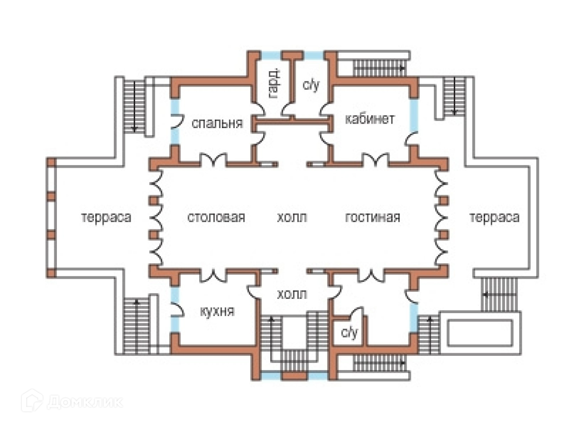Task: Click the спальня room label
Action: point(217,123)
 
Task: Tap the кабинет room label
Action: point(369,119)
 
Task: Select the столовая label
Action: point(216,217)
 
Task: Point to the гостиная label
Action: point(373,217)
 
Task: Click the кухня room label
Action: point(217,311)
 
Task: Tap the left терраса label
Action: point(106,217)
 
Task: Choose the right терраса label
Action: point(494,217)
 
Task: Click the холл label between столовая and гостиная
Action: point(292,217)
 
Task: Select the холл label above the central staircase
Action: point(292,294)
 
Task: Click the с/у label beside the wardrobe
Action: point(311,85)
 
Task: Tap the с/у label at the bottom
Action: point(349,332)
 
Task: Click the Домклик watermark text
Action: point(85,402)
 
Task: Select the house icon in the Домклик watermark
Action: point(32,401)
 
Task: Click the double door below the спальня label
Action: point(213,159)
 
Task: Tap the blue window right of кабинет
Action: point(414,116)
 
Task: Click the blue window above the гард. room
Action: point(271,56)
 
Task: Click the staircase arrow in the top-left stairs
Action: point(134,106)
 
